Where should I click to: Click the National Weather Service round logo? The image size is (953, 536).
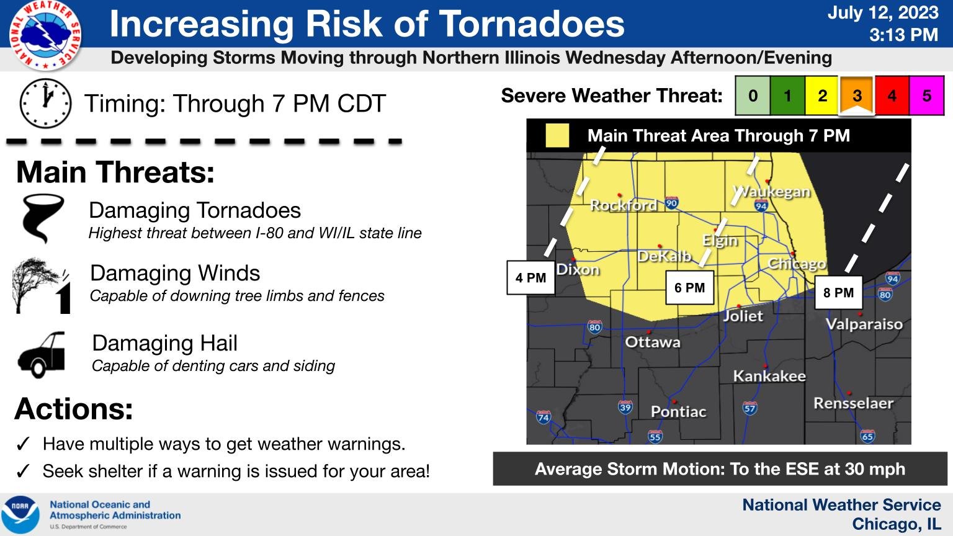(45, 35)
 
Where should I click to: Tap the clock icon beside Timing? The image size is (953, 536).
(45, 103)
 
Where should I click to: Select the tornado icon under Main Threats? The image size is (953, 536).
(42, 219)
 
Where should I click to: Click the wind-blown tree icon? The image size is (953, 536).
(42, 286)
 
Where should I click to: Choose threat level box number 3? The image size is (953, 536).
(857, 96)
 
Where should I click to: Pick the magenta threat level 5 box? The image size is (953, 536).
(926, 96)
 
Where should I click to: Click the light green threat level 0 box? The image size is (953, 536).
(753, 96)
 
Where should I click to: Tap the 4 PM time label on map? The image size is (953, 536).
(530, 277)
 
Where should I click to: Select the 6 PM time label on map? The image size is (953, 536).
(689, 288)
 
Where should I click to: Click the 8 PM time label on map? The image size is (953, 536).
(838, 292)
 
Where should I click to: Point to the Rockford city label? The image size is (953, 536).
(623, 205)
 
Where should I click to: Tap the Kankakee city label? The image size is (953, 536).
(769, 376)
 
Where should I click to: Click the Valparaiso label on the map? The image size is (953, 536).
(864, 324)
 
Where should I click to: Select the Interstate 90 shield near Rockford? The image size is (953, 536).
(671, 203)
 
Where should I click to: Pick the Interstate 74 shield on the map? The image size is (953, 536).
(544, 416)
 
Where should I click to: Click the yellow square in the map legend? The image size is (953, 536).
(557, 136)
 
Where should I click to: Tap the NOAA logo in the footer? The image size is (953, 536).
(20, 514)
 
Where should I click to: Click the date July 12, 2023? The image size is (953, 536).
(882, 13)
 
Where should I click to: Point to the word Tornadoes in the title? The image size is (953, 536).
(532, 24)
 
